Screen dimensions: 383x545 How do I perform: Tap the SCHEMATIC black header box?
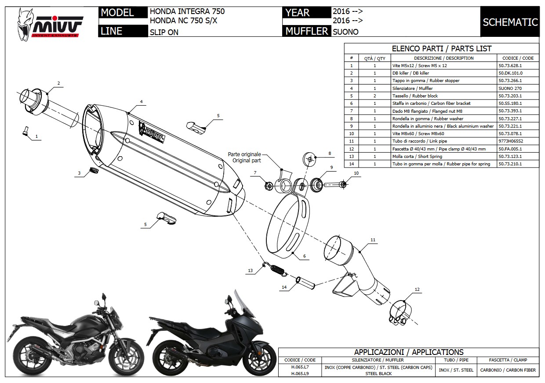(x=510, y=22)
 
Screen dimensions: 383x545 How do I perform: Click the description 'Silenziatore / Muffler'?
(x=409, y=88)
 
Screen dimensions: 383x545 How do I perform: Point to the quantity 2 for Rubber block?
(x=374, y=96)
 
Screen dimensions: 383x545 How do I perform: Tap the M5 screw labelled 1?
(x=25, y=130)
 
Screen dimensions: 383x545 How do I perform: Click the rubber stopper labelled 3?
(x=93, y=170)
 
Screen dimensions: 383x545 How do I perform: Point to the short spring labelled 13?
(x=275, y=268)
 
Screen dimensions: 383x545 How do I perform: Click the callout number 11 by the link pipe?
(x=373, y=240)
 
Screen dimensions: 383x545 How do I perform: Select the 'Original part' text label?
(x=247, y=161)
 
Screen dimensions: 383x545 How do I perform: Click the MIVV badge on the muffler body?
(x=152, y=131)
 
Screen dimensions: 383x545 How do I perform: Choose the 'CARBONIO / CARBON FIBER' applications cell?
(x=508, y=370)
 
